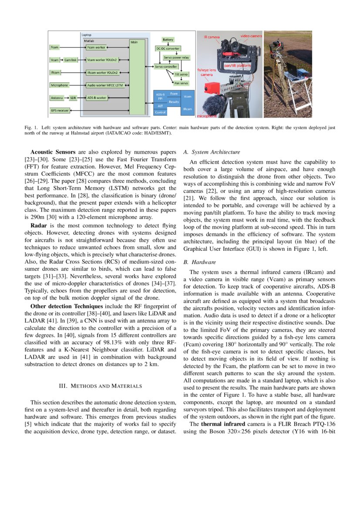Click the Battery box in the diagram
[168, 40]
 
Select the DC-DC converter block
[168, 49]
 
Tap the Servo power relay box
[176, 57]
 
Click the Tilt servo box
[180, 74]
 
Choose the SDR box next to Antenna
[73, 98]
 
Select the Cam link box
[70, 60]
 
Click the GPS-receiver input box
[60, 111]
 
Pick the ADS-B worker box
[97, 98]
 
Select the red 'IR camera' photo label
[212, 37]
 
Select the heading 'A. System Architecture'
[212, 152]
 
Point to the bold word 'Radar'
[39, 226]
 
